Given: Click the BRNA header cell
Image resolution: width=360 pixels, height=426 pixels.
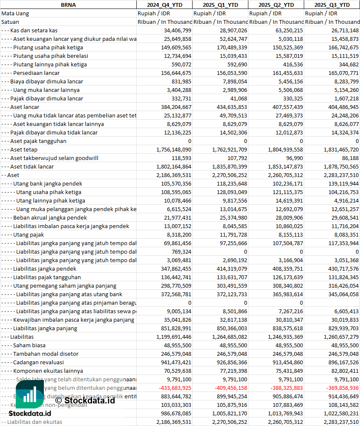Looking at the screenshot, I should (x=68, y=5).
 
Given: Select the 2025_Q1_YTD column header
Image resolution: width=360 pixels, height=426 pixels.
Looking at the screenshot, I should (x=220, y=5).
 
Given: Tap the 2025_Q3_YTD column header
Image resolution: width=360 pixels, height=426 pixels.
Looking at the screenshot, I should (x=332, y=5).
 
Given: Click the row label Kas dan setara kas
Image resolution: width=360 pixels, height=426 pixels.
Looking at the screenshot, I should (x=34, y=30).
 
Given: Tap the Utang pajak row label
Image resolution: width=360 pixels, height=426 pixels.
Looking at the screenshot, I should (x=29, y=234).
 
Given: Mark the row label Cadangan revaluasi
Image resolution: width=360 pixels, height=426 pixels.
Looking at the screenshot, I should (x=38, y=362).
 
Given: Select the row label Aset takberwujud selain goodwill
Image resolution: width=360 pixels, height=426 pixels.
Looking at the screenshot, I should (x=54, y=158).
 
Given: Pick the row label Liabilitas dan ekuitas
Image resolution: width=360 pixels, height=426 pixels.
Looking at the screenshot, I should (x=35, y=422).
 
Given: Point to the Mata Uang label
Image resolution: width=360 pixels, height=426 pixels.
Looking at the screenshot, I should (x=15, y=13).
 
